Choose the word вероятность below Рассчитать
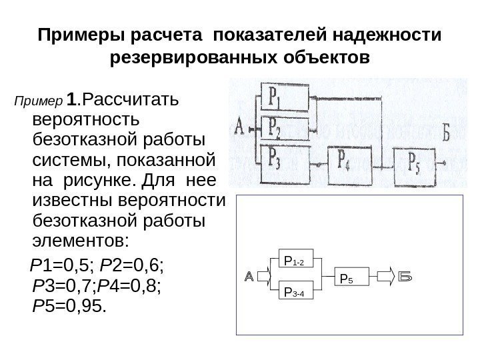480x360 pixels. tap(86, 121)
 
